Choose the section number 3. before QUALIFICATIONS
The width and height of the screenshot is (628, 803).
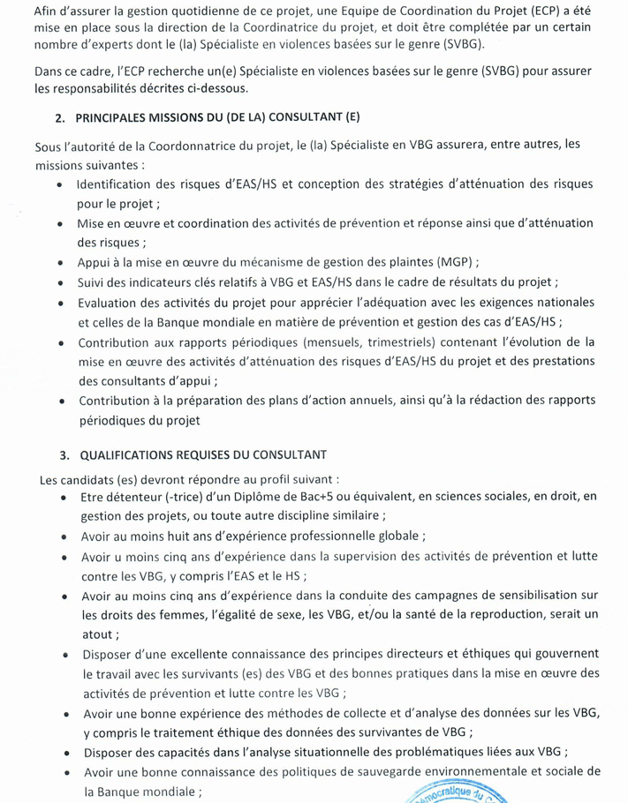[64, 454]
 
